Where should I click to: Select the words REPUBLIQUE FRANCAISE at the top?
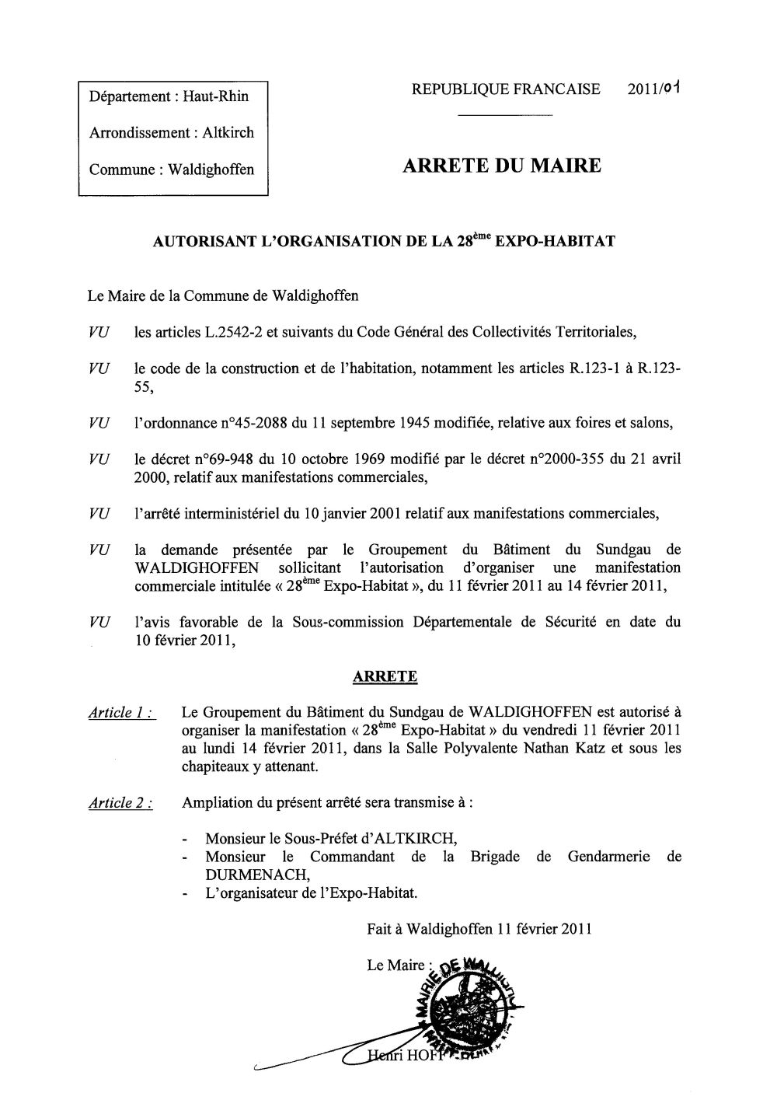[507, 89]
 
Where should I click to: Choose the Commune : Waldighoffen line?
[172, 169]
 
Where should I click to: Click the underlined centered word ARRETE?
[385, 676]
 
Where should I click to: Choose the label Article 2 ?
[120, 803]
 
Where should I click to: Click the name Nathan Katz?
[588, 749]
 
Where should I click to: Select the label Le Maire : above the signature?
[399, 966]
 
